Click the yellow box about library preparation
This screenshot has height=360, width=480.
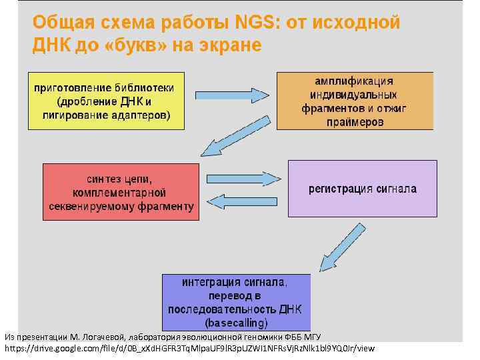pos(105,101)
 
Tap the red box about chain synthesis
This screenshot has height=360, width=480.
pos(121,193)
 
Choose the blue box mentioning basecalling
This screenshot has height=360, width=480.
pos(236,302)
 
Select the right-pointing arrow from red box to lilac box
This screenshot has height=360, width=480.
pos(243,179)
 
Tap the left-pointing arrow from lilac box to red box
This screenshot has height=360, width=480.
pos(243,201)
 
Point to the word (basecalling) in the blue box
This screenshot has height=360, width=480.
pos(236,323)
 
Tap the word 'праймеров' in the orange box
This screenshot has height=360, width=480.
pos(355,122)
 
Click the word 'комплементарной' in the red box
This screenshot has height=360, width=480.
pos(121,193)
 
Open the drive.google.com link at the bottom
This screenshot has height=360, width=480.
pos(190,348)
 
